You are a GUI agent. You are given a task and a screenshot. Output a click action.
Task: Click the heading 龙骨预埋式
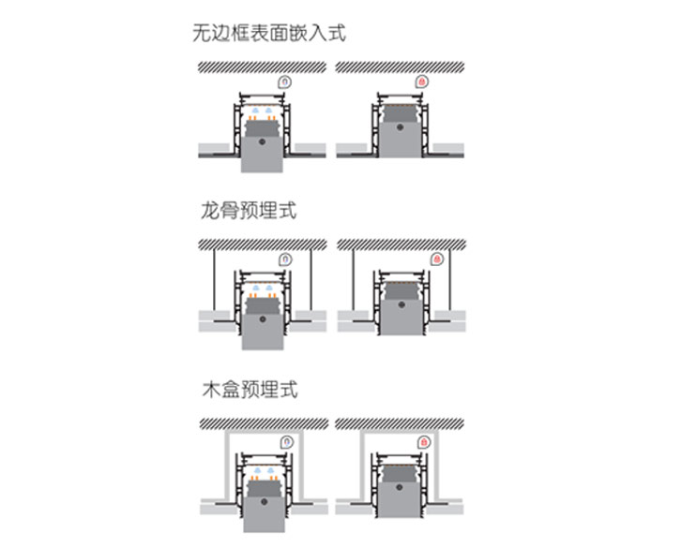click(x=249, y=210)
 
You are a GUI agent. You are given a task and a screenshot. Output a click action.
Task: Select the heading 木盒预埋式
click(x=249, y=388)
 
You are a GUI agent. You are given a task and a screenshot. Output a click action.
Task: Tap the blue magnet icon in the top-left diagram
click(x=285, y=82)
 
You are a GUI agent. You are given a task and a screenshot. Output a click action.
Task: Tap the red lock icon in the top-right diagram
click(x=423, y=82)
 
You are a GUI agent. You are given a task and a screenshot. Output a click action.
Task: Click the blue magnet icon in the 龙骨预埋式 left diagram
click(x=285, y=259)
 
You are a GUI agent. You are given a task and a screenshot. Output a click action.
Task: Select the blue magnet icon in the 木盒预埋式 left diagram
click(x=286, y=440)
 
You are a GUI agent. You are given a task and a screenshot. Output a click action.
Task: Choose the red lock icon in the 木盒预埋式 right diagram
click(x=424, y=440)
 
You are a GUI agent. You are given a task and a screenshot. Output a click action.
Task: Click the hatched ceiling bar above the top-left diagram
click(x=261, y=67)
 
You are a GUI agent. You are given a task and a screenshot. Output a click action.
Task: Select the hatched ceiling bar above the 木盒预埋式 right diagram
click(x=398, y=423)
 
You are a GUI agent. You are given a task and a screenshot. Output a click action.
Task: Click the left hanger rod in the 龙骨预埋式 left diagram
click(x=214, y=281)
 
